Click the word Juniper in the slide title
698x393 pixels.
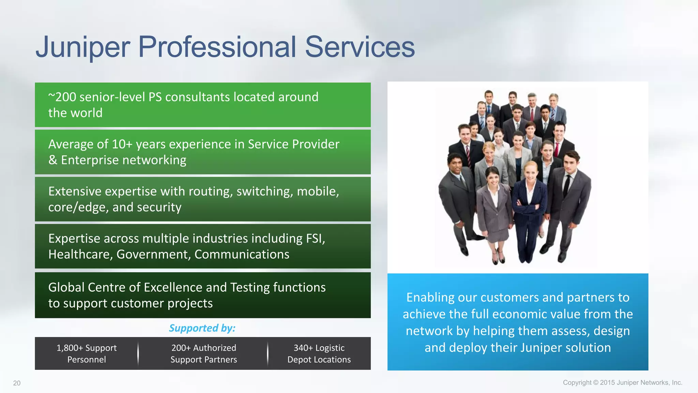[x=83, y=47]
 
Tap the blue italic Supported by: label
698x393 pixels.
[x=202, y=328]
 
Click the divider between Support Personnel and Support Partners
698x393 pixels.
[x=138, y=353]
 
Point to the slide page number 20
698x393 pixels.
[x=17, y=383]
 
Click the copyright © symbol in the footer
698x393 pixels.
[x=596, y=383]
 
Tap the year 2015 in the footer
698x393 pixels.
[x=607, y=383]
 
